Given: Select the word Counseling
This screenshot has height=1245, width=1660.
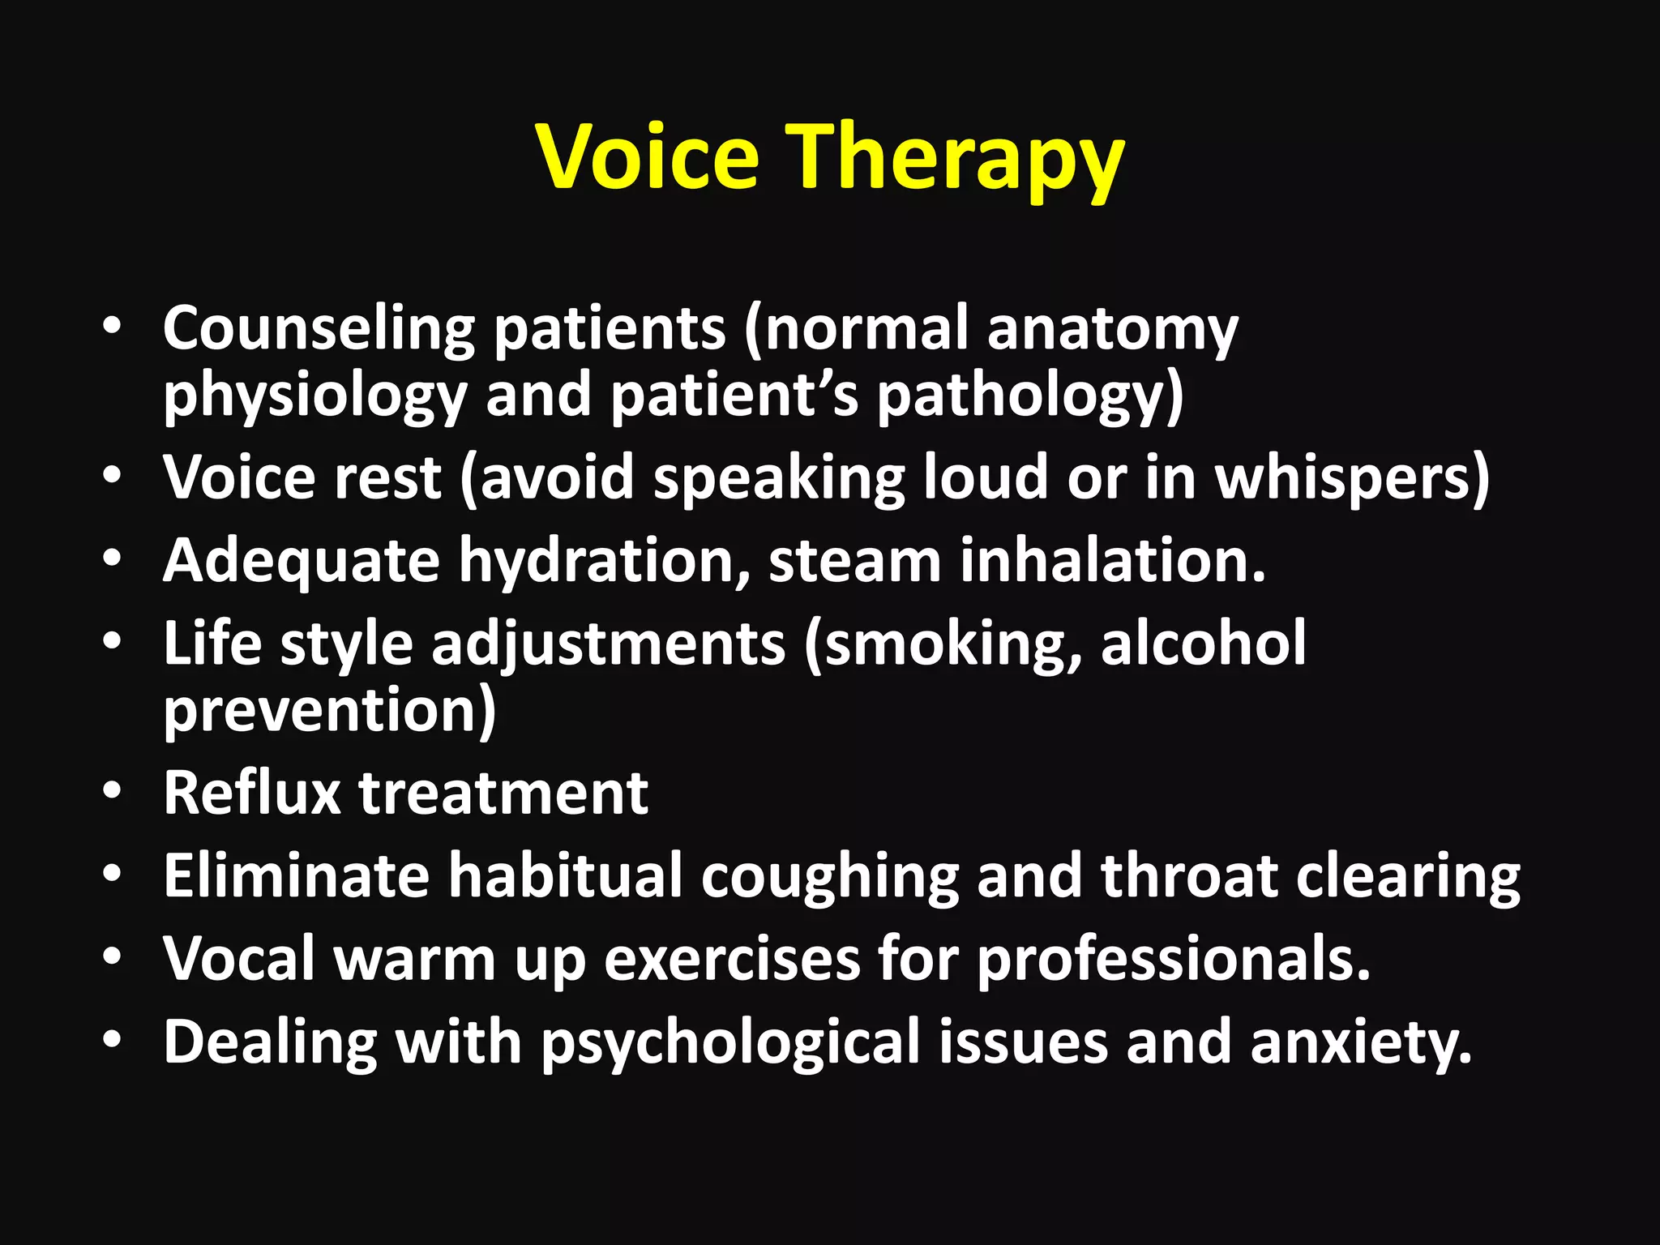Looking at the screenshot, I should pyautogui.click(x=319, y=330).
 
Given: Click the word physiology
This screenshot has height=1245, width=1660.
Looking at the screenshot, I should pyautogui.click(x=315, y=396).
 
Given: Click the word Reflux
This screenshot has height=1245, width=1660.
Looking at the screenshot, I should pyautogui.click(x=252, y=793).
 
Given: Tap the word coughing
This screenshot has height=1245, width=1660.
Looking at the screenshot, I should pyautogui.click(x=829, y=877).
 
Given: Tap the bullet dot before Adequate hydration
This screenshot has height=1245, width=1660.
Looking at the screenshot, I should pyautogui.click(x=113, y=558).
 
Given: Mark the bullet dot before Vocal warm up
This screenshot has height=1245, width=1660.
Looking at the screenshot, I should pyautogui.click(x=113, y=956).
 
